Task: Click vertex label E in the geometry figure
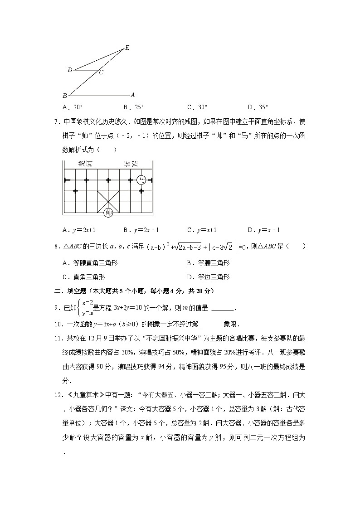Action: point(127,48)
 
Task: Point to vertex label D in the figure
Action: point(70,70)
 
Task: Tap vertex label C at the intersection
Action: point(101,72)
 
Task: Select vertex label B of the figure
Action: point(65,96)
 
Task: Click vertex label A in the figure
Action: point(132,95)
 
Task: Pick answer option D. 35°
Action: point(258,107)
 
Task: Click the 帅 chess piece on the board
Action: point(108,212)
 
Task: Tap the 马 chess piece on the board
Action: point(141,179)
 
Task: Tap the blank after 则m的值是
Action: point(223,309)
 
